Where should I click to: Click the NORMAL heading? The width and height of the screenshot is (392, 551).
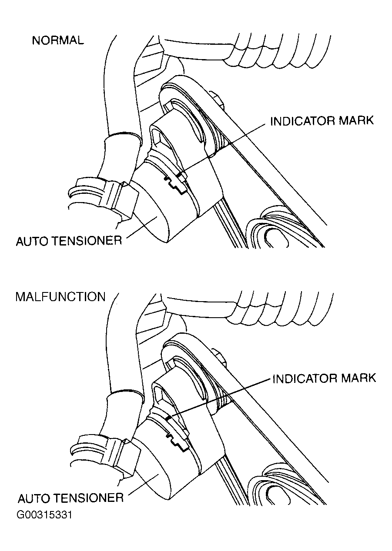(x=58, y=40)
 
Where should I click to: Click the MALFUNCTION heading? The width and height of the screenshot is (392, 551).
(x=60, y=297)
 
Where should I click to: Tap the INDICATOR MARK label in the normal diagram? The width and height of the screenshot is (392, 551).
(x=322, y=121)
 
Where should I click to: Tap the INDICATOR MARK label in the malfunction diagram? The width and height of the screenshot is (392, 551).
(x=325, y=378)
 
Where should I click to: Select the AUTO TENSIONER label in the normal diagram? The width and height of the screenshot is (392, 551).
(x=69, y=241)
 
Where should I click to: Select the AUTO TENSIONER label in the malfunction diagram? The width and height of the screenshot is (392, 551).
(x=70, y=498)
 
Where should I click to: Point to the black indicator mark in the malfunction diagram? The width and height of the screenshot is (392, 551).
(x=169, y=418)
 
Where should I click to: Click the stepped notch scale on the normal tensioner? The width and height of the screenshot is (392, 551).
(x=175, y=185)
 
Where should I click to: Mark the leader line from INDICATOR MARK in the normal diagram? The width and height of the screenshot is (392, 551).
(x=224, y=148)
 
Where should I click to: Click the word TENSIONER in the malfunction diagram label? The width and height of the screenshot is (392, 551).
(x=89, y=498)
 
